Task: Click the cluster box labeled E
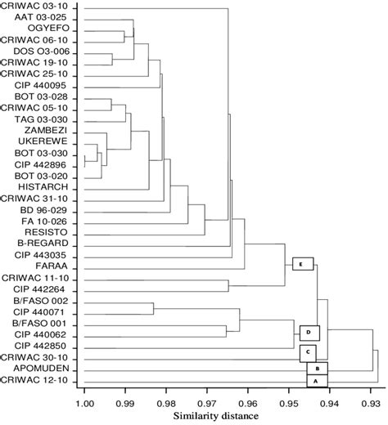click(303, 264)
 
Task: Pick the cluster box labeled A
click(317, 382)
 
